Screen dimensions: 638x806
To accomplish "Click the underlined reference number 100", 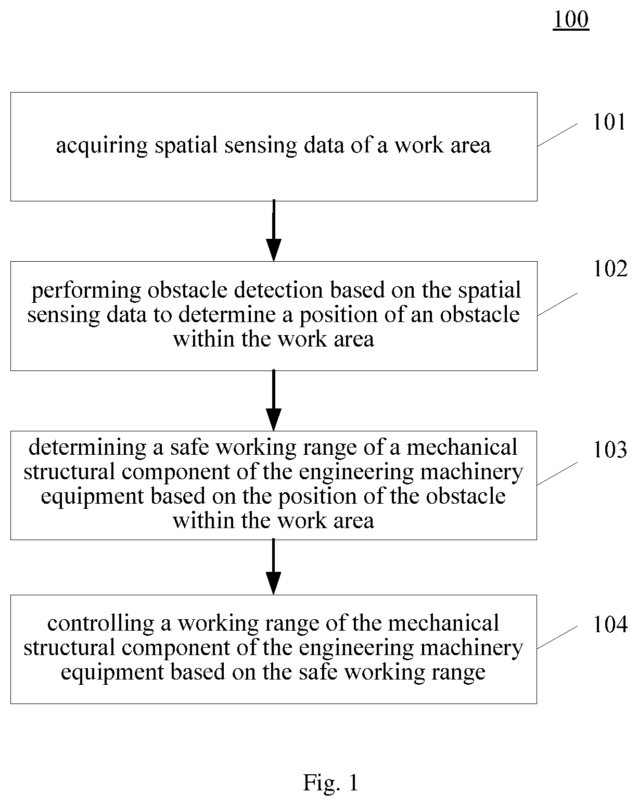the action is point(571,19).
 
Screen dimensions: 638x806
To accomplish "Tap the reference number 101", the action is point(609,122).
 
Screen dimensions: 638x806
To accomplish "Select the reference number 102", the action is point(610,268).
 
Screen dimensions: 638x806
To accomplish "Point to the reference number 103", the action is point(610,450).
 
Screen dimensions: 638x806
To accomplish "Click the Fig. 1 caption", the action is point(331,783).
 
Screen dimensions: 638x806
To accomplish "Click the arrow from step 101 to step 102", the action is point(274,231).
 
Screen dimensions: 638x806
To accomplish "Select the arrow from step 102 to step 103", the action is point(274,400).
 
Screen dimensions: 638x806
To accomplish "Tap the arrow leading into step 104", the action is point(274,567).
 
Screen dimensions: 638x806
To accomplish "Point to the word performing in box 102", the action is point(86,291).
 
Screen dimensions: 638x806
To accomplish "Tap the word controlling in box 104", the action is point(101,623).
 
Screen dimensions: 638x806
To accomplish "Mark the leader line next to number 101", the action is point(557,135).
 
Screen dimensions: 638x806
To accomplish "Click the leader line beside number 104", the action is point(557,637).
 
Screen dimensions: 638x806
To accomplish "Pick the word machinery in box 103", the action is point(471,472).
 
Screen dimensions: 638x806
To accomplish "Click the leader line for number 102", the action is point(557,304).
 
